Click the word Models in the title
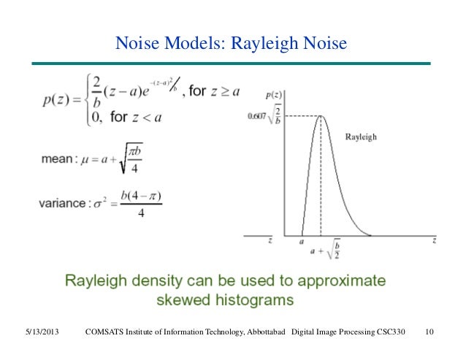(x=192, y=46)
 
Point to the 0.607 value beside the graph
(x=257, y=115)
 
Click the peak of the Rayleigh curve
(x=321, y=116)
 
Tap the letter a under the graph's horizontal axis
(x=302, y=241)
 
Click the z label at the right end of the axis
(x=434, y=240)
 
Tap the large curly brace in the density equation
(x=91, y=102)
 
